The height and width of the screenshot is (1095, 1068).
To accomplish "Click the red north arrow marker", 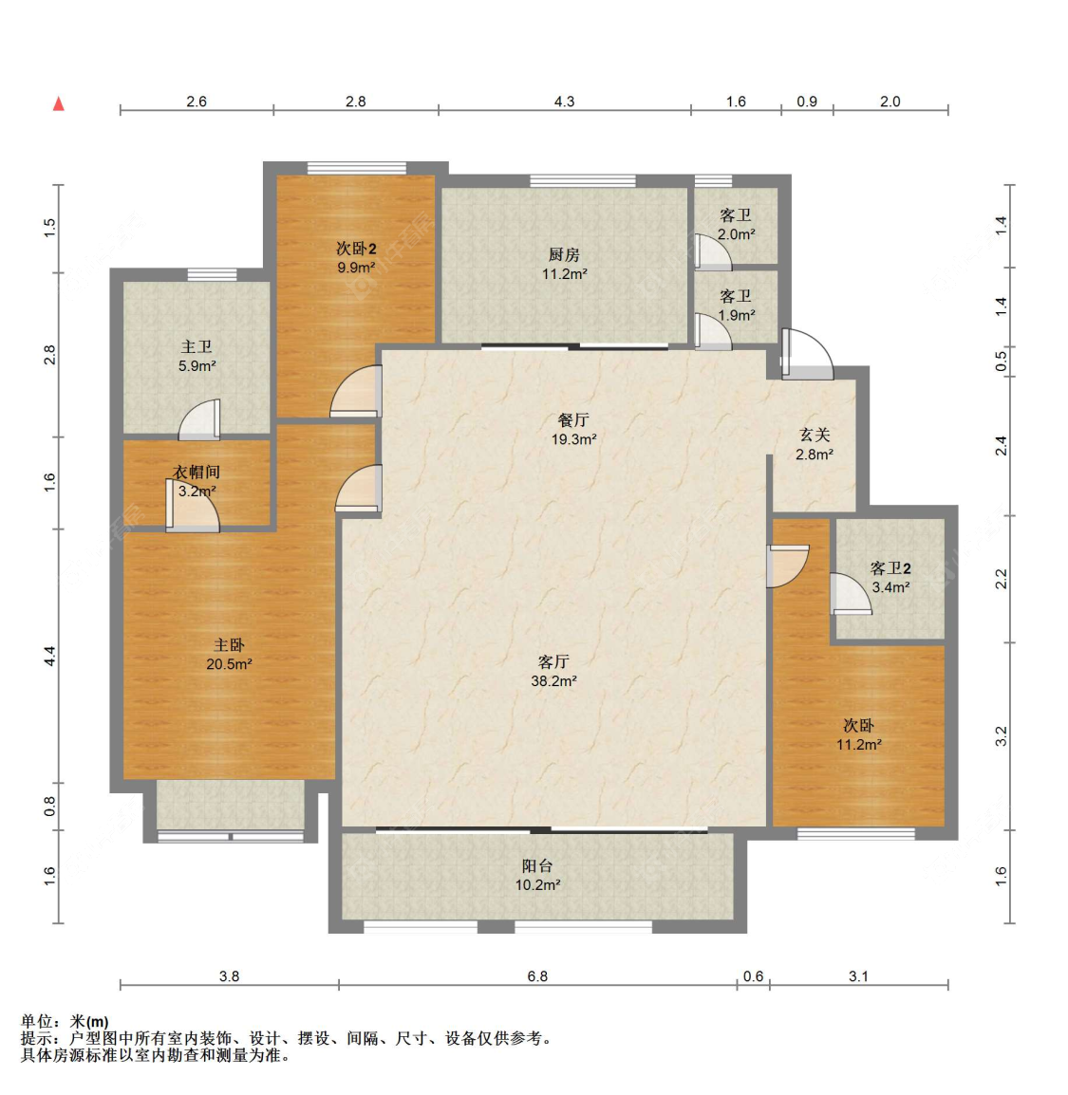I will pos(59,103).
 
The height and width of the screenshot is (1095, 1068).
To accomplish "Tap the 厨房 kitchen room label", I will pos(564,254).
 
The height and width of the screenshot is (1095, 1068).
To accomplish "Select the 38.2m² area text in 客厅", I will pos(553,681).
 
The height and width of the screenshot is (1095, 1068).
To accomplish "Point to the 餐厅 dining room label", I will pos(573,419).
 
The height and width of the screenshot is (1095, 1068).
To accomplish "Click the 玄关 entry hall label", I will pos(815,435).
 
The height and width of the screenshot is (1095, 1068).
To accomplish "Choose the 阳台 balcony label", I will pos(537,865).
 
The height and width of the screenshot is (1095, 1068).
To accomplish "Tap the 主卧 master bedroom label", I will pos(229,645).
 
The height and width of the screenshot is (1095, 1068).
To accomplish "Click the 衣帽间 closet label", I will pos(197,472).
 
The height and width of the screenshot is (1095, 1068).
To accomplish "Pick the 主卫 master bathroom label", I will pos(197,347).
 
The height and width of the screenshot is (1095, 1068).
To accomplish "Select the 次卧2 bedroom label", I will pos(356,249).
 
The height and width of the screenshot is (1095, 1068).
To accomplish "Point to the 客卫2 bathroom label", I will pos(890,567).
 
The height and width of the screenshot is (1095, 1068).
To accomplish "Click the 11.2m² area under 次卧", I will pos(858,745).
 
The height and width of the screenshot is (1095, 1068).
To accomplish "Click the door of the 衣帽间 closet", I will pos(193,512).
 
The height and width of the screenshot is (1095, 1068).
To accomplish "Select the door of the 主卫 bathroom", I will pos(200,420).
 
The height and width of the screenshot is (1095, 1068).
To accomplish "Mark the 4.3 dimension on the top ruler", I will pos(564,102).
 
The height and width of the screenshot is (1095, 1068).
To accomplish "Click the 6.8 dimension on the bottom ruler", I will pos(537,975).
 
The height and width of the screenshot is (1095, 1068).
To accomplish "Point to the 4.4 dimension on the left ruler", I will pos(50,655).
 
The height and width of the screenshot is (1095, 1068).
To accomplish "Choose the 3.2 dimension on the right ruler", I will pos(1001,736).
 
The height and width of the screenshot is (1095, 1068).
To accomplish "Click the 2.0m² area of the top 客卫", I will pos(736,234).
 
